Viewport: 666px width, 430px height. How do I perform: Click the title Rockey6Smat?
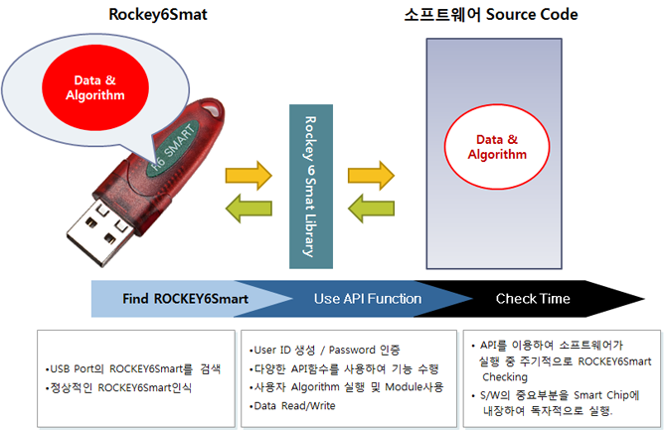click(158, 15)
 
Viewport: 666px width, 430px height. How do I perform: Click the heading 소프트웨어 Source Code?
click(491, 15)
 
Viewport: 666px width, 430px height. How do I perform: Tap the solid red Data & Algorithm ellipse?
click(95, 87)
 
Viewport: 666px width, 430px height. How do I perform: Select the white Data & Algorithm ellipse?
click(497, 147)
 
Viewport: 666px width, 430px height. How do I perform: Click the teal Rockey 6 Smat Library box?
click(311, 187)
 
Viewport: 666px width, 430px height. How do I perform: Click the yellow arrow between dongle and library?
click(249, 176)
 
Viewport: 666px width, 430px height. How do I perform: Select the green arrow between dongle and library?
click(249, 209)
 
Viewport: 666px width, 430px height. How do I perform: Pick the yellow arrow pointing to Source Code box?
click(371, 176)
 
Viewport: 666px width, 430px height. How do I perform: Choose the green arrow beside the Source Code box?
click(371, 209)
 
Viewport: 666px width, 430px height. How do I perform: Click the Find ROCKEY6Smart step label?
click(186, 299)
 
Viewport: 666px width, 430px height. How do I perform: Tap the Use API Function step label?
click(368, 299)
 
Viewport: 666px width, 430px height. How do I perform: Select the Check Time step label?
click(533, 299)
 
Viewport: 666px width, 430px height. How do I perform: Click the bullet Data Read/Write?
click(292, 406)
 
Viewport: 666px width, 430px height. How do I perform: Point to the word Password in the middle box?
click(352, 351)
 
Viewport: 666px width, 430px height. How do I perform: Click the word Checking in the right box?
click(505, 377)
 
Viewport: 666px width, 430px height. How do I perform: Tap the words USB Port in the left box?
click(72, 368)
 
